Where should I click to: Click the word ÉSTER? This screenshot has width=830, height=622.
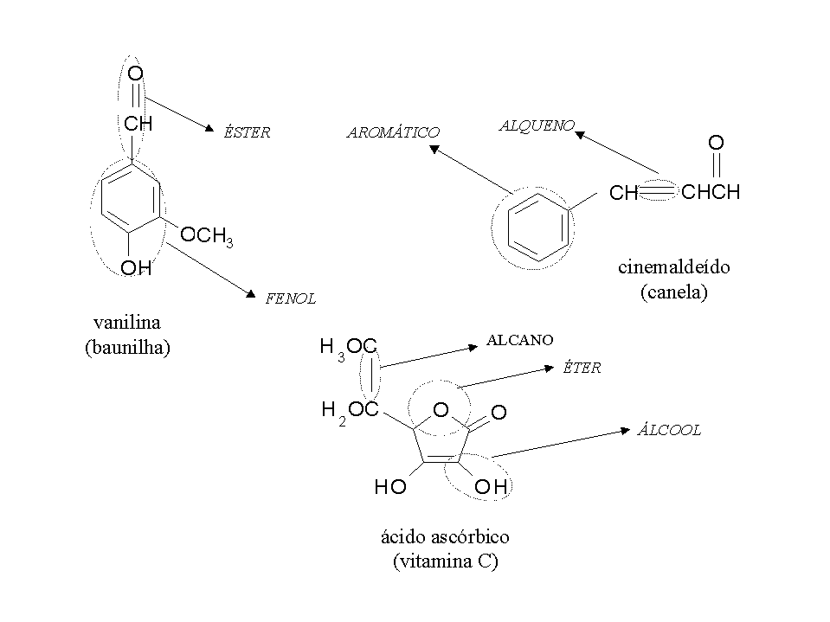(247, 132)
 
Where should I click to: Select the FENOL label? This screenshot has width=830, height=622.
(290, 298)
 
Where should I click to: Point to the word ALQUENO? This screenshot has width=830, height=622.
(537, 125)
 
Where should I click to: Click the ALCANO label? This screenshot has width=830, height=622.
(519, 340)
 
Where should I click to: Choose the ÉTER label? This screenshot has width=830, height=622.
(582, 368)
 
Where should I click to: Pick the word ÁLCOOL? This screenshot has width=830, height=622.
(669, 430)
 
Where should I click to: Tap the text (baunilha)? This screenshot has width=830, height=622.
(126, 348)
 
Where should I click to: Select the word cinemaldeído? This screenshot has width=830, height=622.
(674, 266)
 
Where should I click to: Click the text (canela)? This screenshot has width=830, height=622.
(674, 292)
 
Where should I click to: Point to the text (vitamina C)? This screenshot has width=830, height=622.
(445, 561)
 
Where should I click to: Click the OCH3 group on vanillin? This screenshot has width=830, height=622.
(206, 236)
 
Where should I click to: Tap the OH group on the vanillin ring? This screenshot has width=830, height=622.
(136, 268)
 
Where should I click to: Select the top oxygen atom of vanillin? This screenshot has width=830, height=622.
(135, 74)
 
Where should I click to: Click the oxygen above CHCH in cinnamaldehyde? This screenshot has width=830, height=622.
(716, 142)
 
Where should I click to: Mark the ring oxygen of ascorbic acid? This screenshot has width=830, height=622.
(441, 409)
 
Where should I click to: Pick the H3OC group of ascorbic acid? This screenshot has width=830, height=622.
(348, 348)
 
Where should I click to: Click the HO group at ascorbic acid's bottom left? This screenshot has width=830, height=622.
(390, 488)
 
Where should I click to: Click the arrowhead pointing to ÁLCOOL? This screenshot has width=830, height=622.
(624, 429)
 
